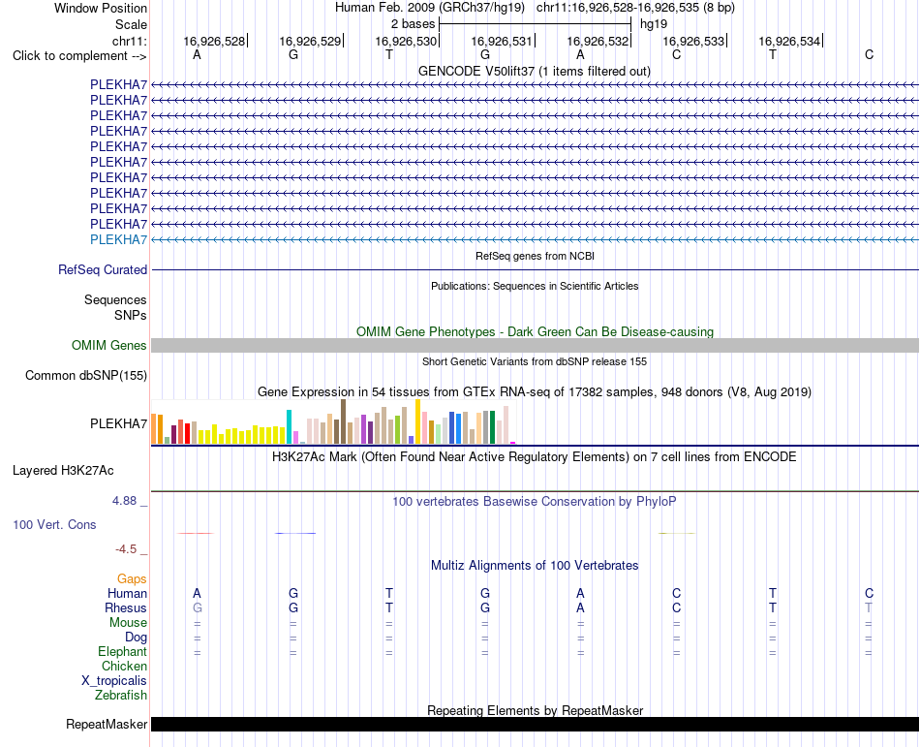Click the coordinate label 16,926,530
(406, 41)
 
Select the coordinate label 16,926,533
(693, 41)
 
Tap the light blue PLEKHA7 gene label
(118, 239)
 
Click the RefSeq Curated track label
(103, 270)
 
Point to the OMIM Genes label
(109, 345)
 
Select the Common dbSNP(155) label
(86, 376)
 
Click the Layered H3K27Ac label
(63, 471)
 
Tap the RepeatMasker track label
(107, 725)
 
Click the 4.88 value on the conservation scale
(124, 501)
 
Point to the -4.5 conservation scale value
(126, 549)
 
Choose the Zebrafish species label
(121, 696)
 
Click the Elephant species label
(123, 652)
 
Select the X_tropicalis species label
(114, 681)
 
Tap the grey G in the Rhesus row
(198, 607)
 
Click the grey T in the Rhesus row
(869, 607)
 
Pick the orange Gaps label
(132, 579)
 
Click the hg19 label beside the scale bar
(654, 24)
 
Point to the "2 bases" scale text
(414, 24)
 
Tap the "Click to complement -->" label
(79, 56)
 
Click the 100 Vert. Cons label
(54, 524)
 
